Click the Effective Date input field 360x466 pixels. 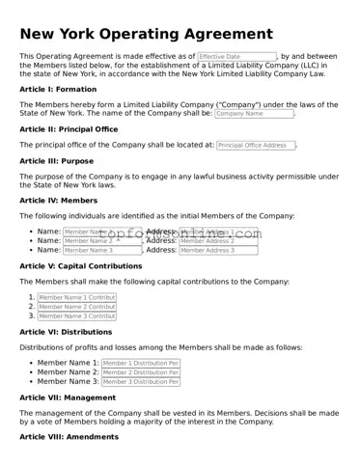tap(236, 58)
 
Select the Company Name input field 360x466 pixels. tap(254, 113)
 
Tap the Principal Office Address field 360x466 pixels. tap(256, 145)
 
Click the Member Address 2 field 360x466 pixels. tap(218, 240)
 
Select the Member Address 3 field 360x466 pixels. tap(218, 250)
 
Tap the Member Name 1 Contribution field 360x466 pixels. tap(76, 298)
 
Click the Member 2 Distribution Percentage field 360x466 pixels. tap(140, 372)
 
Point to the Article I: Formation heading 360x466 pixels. tap(57, 89)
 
